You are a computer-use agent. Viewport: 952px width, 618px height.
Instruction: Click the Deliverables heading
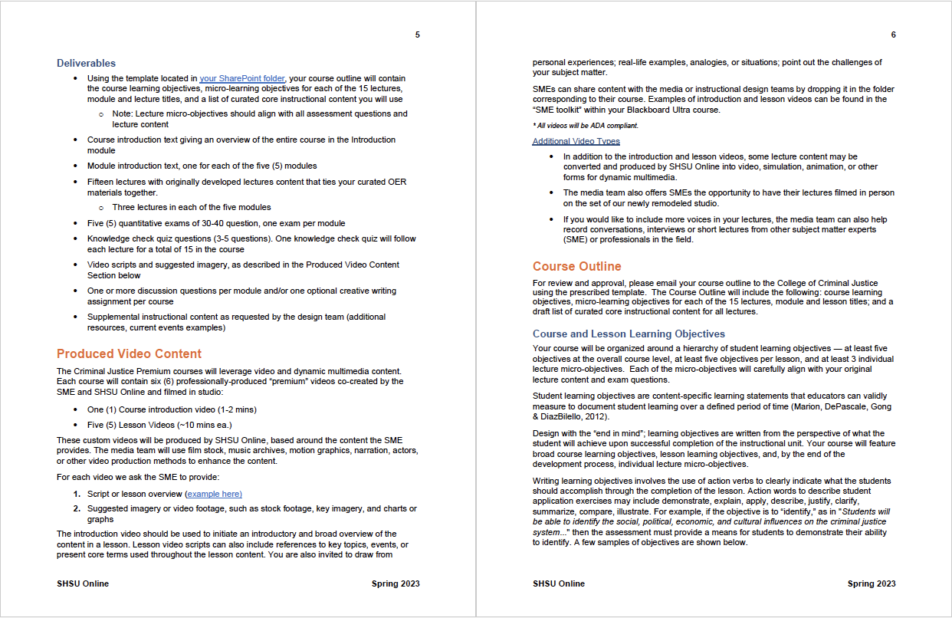point(86,63)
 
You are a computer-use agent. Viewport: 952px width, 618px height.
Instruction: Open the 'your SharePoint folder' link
point(242,78)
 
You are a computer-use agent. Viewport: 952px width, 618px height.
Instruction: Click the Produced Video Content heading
point(129,353)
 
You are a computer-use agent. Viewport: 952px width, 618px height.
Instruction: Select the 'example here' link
point(215,494)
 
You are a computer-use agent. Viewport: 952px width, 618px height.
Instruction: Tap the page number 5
point(417,35)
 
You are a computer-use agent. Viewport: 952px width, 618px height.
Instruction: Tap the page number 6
point(893,35)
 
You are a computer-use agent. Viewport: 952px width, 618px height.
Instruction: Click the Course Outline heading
point(577,266)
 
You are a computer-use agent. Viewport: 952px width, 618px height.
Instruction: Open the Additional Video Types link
point(576,141)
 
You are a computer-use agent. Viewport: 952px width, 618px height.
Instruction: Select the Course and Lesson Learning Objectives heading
point(629,334)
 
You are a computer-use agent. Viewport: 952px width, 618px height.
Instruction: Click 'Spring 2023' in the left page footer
point(396,583)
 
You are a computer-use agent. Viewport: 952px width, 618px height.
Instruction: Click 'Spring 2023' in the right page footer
point(872,583)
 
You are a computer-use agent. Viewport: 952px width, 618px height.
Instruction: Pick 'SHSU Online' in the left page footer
point(83,583)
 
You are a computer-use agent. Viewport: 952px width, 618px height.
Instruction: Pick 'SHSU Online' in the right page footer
point(559,583)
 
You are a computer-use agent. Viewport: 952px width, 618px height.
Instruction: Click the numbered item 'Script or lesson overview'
point(135,494)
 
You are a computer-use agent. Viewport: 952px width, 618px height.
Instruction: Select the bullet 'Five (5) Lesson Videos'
point(159,425)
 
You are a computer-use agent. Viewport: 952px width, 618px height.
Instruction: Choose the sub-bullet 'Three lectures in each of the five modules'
point(192,207)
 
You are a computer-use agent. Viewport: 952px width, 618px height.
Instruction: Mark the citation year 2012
point(596,416)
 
